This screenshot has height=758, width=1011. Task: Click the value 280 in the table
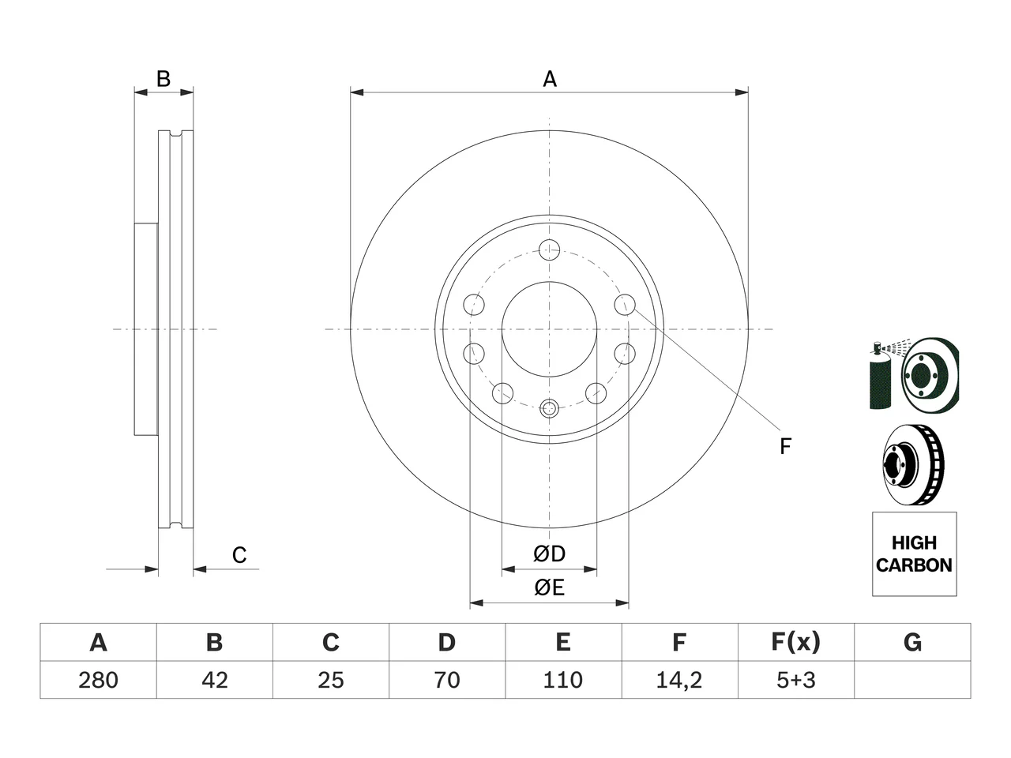click(98, 680)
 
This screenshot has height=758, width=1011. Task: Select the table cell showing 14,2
click(679, 680)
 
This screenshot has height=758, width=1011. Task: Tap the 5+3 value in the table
click(796, 680)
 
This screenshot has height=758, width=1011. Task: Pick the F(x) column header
click(796, 642)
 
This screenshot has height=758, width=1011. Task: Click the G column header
click(912, 642)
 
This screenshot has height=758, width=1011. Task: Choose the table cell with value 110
click(563, 680)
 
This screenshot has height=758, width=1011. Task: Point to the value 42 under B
click(215, 680)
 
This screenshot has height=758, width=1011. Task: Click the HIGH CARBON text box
click(915, 554)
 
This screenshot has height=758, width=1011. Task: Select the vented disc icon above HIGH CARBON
click(914, 464)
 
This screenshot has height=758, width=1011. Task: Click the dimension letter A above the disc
click(550, 79)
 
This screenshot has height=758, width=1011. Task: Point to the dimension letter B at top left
click(163, 79)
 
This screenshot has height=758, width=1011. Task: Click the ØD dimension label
click(550, 553)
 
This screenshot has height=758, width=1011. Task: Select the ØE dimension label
click(550, 587)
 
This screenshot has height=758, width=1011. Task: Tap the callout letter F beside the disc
click(785, 446)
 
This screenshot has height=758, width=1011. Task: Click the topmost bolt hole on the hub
click(550, 250)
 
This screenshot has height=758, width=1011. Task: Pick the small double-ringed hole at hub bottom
click(550, 407)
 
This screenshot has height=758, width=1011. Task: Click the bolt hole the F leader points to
click(625, 305)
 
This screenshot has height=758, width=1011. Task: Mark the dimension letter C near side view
click(239, 555)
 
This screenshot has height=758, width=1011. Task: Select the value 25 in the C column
click(331, 680)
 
